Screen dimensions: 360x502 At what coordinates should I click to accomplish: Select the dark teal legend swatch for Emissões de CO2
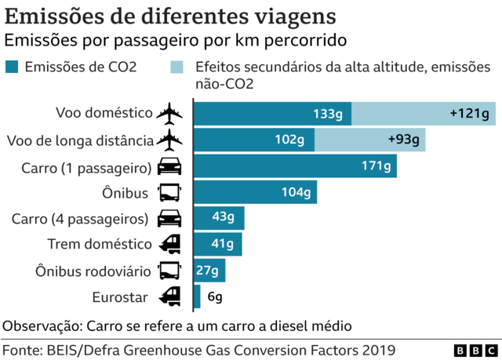(x=13, y=68)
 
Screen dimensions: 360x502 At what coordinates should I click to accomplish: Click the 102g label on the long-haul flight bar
(x=289, y=140)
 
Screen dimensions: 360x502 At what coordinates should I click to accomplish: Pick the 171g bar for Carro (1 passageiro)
(x=294, y=165)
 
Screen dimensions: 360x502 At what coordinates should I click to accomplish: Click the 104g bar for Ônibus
(x=255, y=191)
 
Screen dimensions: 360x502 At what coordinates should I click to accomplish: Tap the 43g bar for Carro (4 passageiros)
(x=219, y=218)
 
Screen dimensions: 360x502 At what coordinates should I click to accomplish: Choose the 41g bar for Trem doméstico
(x=217, y=244)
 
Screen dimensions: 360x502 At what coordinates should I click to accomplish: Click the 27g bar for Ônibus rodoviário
(x=209, y=271)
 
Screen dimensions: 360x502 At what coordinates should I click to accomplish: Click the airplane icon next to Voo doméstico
(x=169, y=113)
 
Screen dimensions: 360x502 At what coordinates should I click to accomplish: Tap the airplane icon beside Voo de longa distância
(x=169, y=140)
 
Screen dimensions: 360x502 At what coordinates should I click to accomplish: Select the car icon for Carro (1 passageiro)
(x=169, y=165)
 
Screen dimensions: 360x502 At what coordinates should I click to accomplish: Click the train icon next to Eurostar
(x=169, y=296)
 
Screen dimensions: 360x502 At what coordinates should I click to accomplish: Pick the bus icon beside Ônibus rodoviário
(x=169, y=271)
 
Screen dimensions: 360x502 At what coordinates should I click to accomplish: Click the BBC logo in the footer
(x=473, y=349)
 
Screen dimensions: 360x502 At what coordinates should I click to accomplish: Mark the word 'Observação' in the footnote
(x=41, y=325)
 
